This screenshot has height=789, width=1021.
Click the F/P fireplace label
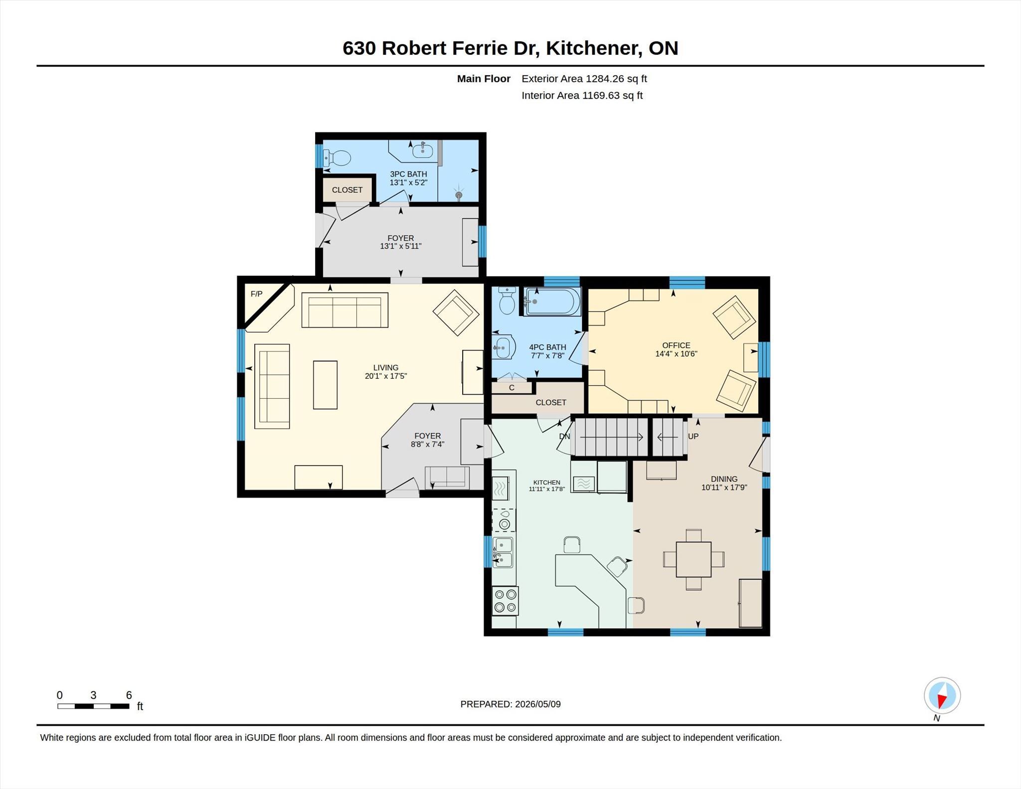256,294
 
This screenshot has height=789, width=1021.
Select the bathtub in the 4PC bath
552,301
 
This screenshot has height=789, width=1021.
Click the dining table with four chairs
693,559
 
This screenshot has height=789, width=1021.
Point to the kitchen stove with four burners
505,601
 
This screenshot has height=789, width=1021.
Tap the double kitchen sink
503,552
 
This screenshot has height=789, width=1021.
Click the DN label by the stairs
564,437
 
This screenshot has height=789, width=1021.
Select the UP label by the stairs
693,437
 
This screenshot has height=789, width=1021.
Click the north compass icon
942,695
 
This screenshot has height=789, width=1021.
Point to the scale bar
93,706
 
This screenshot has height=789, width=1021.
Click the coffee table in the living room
325,385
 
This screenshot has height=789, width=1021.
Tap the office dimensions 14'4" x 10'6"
676,354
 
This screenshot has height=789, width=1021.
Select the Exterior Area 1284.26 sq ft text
584,79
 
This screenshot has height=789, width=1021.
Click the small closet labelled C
511,388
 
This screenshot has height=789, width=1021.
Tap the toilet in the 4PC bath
507,301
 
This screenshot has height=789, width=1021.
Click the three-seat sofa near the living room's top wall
344,310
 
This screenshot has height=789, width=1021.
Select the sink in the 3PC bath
422,151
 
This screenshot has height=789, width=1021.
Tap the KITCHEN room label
547,482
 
